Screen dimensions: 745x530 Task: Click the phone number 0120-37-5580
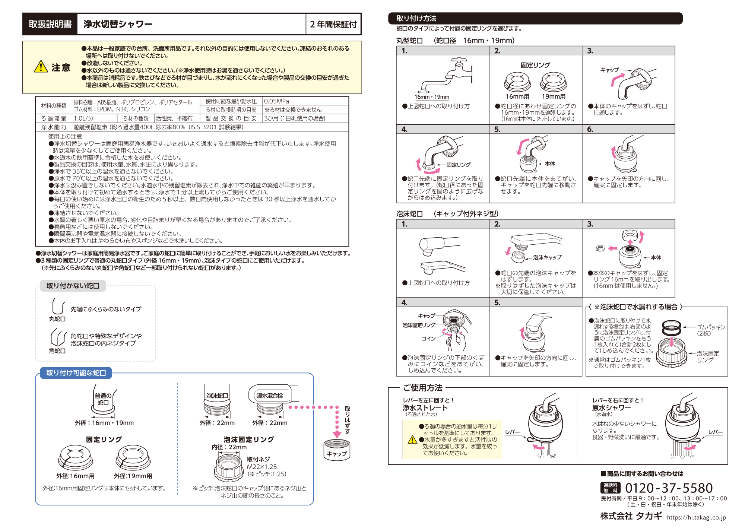coord(669,488)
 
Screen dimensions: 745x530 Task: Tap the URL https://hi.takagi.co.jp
coord(697,517)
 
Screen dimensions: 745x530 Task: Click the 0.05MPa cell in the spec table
coord(276,101)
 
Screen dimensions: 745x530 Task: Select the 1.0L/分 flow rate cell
coord(84,118)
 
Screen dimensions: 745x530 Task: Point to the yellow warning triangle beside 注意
coord(41,67)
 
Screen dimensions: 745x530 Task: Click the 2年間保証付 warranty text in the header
coord(333,24)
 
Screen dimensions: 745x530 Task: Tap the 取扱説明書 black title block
coord(50,24)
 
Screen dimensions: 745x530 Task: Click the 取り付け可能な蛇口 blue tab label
coord(76,373)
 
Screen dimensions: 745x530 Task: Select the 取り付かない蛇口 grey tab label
coord(73,286)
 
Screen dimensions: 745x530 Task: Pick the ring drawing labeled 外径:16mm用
coord(76,458)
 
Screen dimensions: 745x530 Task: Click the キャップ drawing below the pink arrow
coord(337,450)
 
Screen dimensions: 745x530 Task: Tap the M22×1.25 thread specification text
coord(262,467)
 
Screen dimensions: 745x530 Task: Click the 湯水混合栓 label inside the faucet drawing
coord(270,396)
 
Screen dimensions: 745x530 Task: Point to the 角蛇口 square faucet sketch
coord(58,337)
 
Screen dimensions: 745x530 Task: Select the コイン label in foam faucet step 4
coord(428,339)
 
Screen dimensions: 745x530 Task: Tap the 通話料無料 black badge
coord(611,488)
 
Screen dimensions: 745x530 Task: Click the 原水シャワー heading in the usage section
coord(612,408)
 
